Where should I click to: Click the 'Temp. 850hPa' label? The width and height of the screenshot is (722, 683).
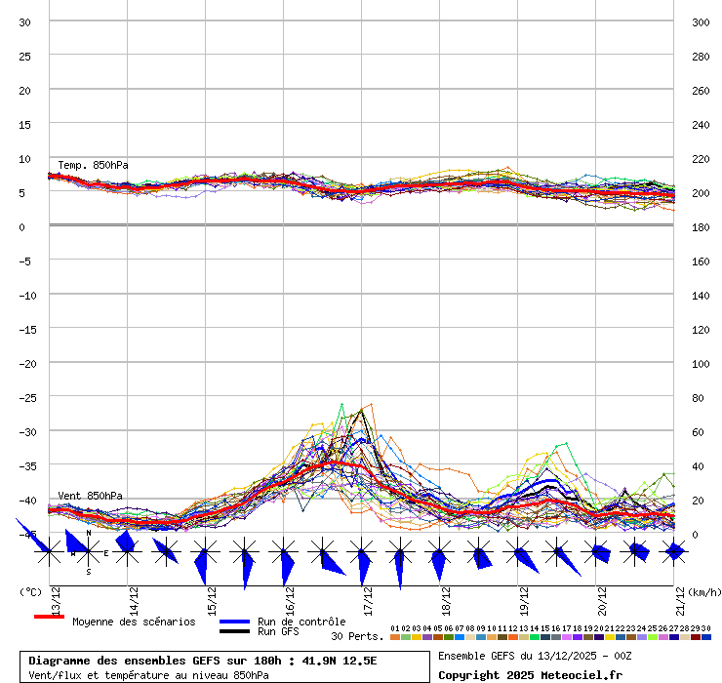click(x=93, y=165)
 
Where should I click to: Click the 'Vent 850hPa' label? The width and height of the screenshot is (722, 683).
click(x=90, y=496)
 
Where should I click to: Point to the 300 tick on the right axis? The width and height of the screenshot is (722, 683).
click(x=701, y=22)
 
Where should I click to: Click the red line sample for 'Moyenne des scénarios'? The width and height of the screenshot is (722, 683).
click(x=49, y=617)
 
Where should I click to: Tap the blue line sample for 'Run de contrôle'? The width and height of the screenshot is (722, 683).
click(x=234, y=622)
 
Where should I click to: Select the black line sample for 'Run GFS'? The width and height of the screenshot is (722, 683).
click(x=234, y=631)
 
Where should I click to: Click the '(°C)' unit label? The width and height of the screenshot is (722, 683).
click(x=30, y=591)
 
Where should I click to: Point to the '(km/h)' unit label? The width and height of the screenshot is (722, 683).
click(x=703, y=591)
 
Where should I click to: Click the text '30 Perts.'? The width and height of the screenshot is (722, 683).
click(x=357, y=636)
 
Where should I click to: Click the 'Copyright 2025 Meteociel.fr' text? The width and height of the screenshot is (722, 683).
click(x=530, y=674)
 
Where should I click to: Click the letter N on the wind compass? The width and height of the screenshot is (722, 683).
click(x=88, y=534)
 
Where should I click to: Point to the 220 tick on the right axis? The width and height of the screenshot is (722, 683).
click(x=701, y=158)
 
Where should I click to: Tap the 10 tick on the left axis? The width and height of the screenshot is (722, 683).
click(x=24, y=158)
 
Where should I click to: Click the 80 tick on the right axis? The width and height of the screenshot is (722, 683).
click(x=698, y=397)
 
